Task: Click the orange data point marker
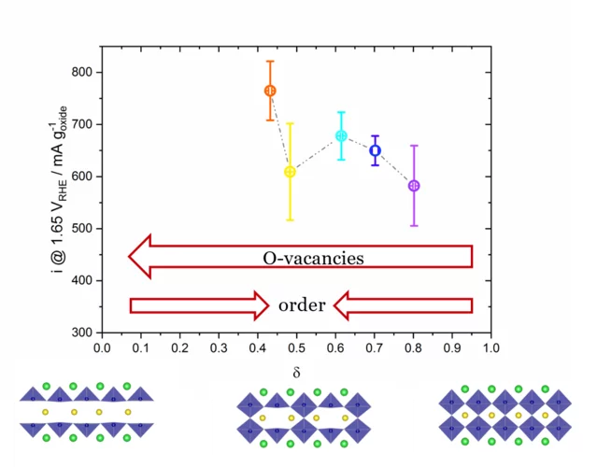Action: tap(270, 91)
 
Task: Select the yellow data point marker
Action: tap(290, 172)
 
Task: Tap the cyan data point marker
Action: tap(341, 135)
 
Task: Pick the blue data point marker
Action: tap(376, 150)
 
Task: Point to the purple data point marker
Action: tap(414, 186)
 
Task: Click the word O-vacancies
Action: tap(313, 258)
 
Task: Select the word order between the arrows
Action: tap(302, 305)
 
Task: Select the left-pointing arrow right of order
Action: tap(402, 304)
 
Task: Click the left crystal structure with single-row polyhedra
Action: tap(88, 411)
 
